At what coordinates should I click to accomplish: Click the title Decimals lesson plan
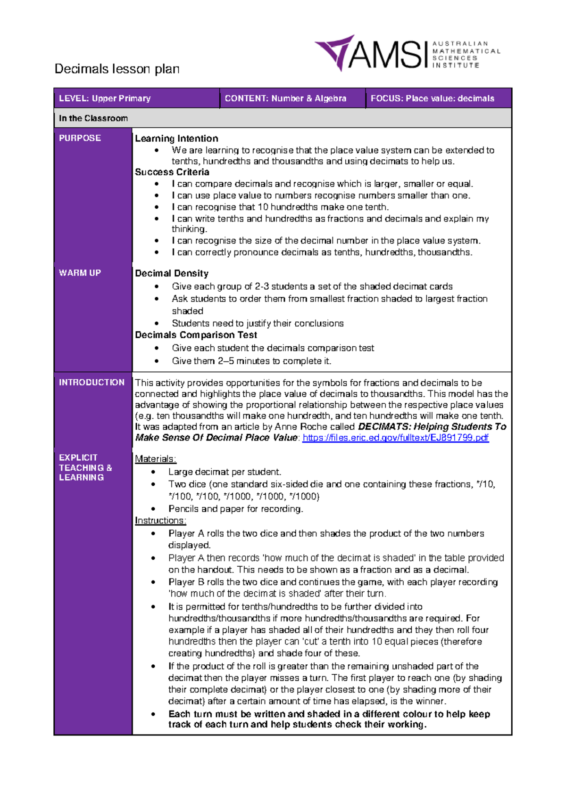(117, 69)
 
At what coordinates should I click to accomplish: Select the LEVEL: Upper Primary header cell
(105, 98)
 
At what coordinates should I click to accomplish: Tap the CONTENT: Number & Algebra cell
(285, 98)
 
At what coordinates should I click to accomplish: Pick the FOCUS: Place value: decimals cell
(432, 98)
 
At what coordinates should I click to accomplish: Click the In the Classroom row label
(93, 118)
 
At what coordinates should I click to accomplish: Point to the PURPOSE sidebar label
(80, 138)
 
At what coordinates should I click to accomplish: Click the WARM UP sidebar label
(80, 273)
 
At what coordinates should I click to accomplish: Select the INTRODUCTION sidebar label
(92, 382)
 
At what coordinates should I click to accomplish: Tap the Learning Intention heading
(176, 139)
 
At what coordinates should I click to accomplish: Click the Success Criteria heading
(172, 172)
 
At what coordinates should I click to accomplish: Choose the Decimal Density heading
(172, 273)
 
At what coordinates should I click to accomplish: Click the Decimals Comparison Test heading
(196, 335)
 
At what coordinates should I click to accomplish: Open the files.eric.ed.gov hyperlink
(395, 438)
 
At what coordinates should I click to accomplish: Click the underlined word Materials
(155, 459)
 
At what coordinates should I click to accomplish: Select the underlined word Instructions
(160, 521)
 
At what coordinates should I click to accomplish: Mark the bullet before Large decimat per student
(153, 472)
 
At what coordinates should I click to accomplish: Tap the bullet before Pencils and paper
(153, 509)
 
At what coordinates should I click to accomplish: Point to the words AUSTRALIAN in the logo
(460, 43)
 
